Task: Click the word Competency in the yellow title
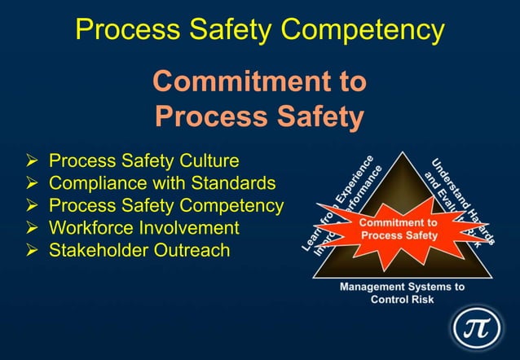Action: (x=365, y=30)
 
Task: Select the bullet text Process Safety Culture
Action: (x=143, y=160)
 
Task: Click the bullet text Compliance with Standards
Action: (x=162, y=182)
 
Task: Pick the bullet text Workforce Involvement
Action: (x=143, y=227)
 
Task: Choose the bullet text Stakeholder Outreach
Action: (x=139, y=250)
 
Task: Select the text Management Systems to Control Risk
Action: (x=402, y=292)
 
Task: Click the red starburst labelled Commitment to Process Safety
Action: (x=400, y=228)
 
